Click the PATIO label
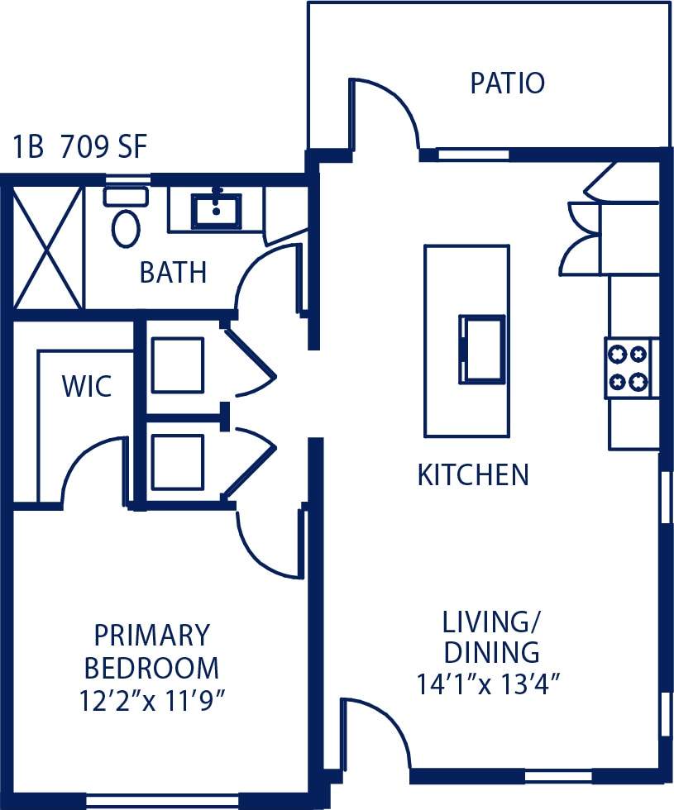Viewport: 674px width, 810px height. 507,83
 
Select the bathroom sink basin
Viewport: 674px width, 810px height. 217,211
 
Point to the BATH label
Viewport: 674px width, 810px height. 173,273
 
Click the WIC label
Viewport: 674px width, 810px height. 87,386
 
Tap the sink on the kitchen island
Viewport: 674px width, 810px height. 482,349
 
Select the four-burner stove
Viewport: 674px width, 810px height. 629,368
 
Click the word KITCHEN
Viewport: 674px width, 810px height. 472,475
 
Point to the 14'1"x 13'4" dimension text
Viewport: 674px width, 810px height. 490,684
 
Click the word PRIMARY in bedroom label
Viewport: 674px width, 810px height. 152,636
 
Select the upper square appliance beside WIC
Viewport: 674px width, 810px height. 178,364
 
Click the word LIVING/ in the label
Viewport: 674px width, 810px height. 490,622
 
